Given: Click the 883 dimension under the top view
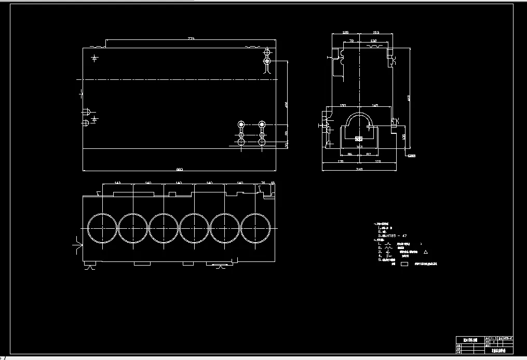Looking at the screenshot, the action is click(x=180, y=169).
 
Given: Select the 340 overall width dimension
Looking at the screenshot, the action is click(x=359, y=169).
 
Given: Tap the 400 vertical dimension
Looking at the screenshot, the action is click(x=286, y=105).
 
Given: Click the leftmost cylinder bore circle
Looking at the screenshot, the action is click(x=102, y=228).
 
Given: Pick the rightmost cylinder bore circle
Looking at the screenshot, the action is click(x=255, y=228).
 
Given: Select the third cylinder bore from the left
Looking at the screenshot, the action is click(x=164, y=228).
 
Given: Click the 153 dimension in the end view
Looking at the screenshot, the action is click(x=376, y=33).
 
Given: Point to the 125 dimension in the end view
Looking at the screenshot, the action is click(x=346, y=33).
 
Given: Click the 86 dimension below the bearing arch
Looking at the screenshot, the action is click(x=349, y=154).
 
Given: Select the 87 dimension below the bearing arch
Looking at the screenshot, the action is click(x=368, y=154).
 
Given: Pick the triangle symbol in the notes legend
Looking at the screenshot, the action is click(x=426, y=252).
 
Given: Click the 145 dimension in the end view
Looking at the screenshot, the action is click(x=375, y=106).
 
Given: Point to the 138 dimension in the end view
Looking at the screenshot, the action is click(x=373, y=40).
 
